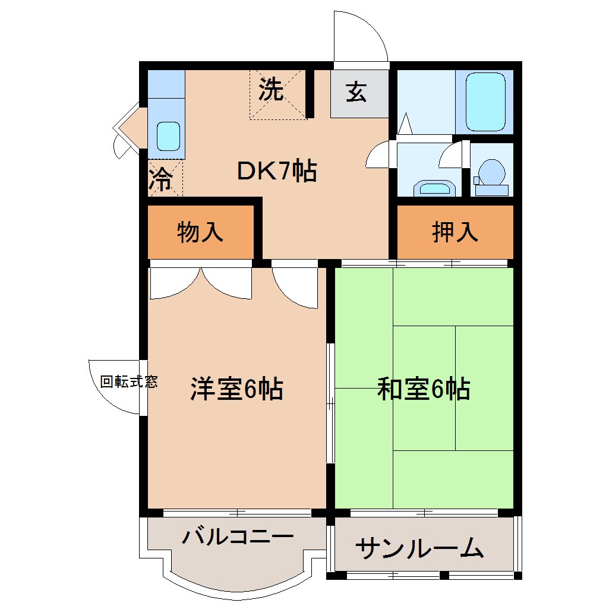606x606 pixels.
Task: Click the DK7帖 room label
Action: click(x=276, y=172)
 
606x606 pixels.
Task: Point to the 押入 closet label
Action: click(x=454, y=232)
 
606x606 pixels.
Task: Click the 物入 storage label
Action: click(x=200, y=232)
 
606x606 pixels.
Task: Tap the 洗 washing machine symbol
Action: click(x=271, y=90)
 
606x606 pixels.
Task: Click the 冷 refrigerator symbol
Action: click(x=159, y=179)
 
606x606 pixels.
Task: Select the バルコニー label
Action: click(x=238, y=537)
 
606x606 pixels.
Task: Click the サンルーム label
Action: click(x=419, y=548)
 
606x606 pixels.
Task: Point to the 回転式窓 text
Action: click(x=128, y=382)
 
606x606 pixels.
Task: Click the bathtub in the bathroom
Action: click(x=485, y=102)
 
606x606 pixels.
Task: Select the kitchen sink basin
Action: click(x=168, y=136)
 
